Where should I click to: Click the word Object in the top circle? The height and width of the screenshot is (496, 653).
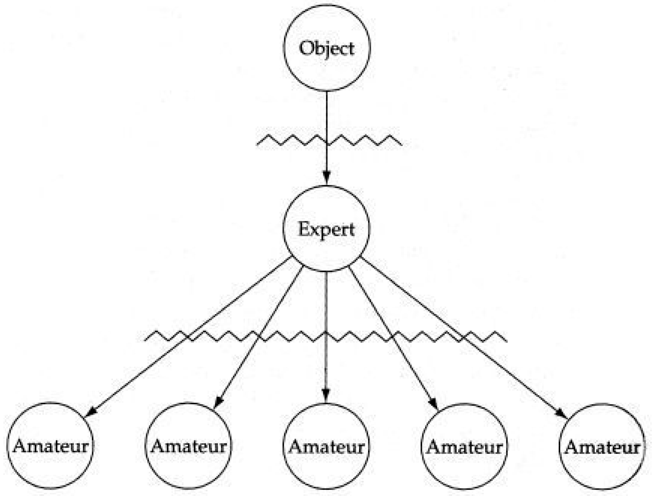coord(326,48)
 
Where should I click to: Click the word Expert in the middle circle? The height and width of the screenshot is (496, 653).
coord(326,229)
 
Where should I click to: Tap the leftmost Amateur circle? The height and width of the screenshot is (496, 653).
coord(50,446)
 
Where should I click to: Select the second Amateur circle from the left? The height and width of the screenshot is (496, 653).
coord(188,446)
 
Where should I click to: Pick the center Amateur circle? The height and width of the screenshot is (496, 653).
coord(326,446)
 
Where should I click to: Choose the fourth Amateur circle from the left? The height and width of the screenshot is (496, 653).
coord(464,447)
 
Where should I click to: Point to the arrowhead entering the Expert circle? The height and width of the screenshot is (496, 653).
coord(326,178)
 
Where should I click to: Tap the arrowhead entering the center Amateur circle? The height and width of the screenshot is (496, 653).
coord(326,396)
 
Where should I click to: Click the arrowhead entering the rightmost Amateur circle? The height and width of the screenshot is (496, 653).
coord(562,412)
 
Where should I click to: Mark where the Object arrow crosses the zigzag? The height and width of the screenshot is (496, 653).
coord(326,141)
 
